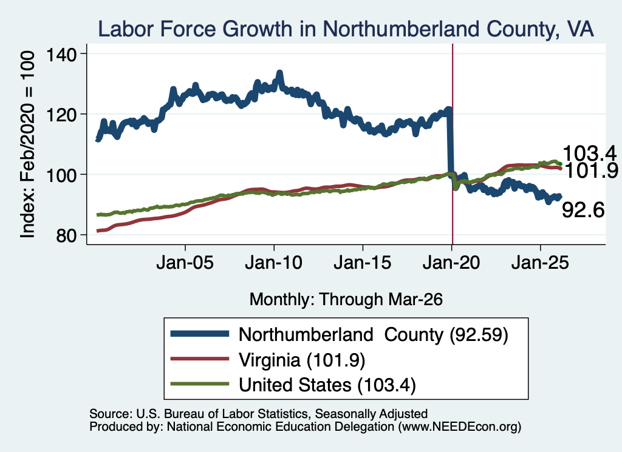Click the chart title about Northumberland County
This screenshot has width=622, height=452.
[346, 29]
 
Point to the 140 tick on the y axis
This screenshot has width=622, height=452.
[61, 54]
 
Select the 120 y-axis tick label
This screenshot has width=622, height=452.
[61, 115]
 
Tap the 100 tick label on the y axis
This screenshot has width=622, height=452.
[61, 175]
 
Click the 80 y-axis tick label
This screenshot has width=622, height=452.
[66, 235]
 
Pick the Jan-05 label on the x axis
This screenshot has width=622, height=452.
[185, 263]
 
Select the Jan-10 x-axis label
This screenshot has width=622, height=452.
[274, 263]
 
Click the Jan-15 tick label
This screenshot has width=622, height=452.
[363, 263]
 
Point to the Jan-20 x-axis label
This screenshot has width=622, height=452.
[451, 263]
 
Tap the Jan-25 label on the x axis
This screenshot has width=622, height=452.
[540, 263]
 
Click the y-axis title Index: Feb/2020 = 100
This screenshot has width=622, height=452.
[27, 144]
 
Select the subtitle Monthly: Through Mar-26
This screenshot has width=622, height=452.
[346, 300]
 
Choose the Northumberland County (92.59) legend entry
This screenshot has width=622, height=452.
[339, 335]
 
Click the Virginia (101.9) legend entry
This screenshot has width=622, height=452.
[268, 360]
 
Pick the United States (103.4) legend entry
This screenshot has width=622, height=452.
[293, 385]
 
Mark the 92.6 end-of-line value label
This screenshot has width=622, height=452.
[583, 209]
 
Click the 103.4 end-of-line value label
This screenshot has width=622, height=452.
[589, 153]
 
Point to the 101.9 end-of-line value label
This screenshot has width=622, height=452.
[591, 170]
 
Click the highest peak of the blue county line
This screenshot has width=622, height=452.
[279, 73]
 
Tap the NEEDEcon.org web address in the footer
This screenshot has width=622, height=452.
[459, 427]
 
